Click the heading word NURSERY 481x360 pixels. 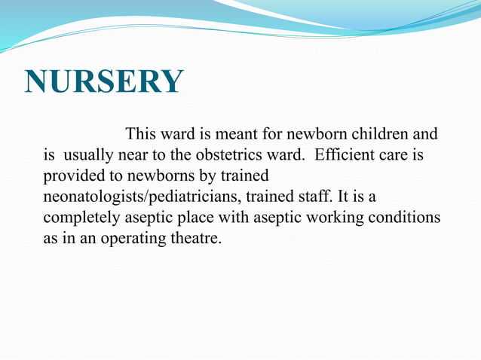coord(104,81)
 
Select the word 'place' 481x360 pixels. coord(181,218)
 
